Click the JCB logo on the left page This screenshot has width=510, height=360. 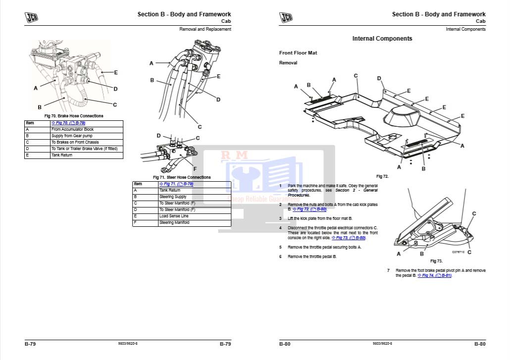(32, 17)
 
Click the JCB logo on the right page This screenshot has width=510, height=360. (286, 17)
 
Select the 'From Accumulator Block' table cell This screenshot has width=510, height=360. (72, 129)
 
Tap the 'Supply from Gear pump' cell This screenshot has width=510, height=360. (72, 136)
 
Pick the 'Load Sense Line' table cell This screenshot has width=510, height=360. (174, 216)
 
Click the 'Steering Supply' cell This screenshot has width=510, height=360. (173, 197)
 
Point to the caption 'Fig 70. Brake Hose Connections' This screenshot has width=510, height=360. (74, 116)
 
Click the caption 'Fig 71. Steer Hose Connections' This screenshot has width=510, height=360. (182, 177)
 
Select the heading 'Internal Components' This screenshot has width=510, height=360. (382, 39)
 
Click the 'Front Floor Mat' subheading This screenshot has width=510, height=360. (298, 52)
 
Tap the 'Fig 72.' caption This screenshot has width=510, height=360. (382, 176)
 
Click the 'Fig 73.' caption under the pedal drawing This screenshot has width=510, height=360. (436, 261)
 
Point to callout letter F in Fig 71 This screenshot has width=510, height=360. (195, 169)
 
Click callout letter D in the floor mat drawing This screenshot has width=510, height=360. (379, 78)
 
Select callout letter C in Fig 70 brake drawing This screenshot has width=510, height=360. (115, 104)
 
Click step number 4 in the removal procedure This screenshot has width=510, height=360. (280, 228)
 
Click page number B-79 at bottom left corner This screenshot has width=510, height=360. (30, 344)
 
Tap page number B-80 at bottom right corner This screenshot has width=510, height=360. (479, 344)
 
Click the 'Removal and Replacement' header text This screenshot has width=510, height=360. (205, 29)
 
